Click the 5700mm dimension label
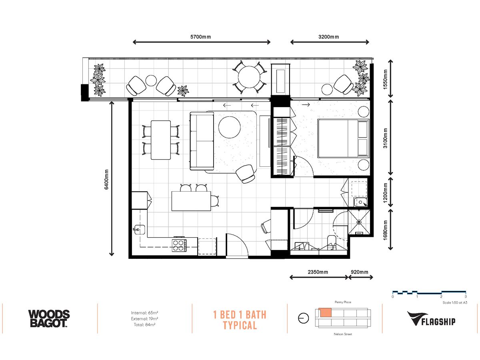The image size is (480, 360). tap(200, 37)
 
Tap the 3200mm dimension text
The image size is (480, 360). tap(328, 37)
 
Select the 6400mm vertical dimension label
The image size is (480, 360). tap(106, 180)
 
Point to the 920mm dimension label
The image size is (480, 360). tap(360, 272)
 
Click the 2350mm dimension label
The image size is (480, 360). tap(318, 272)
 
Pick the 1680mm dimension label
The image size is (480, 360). tap(385, 230)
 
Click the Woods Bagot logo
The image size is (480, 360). tap(49, 318)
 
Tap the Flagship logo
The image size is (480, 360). tap(431, 318)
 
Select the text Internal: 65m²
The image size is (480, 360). tap(144, 312)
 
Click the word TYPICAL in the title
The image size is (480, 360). tap(240, 326)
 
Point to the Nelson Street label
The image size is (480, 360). tap(343, 334)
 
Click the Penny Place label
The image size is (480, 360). tap(343, 302)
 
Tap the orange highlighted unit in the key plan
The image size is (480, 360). tap(325, 312)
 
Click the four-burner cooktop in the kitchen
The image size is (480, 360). tap(179, 246)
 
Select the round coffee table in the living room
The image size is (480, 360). tap(229, 127)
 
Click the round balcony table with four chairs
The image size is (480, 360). tap(249, 77)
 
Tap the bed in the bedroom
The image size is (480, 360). tap(343, 138)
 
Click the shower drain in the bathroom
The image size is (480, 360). tap(359, 222)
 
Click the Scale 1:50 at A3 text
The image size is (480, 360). tap(455, 302)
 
